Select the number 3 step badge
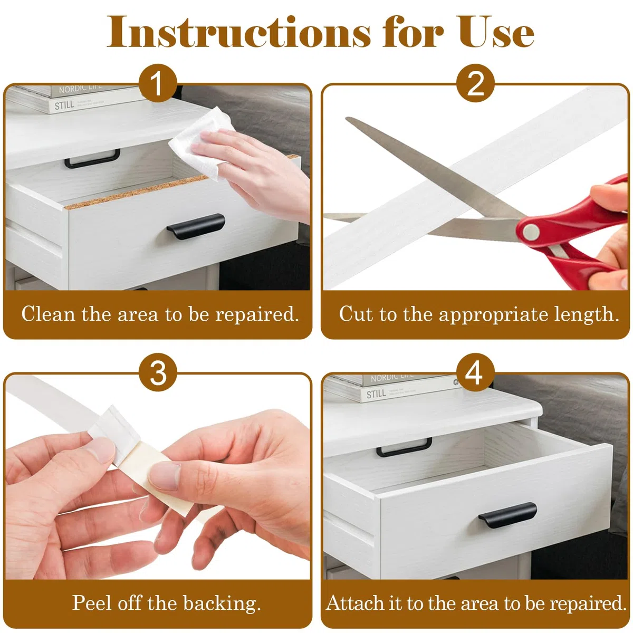(x=158, y=372)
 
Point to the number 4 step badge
(x=475, y=372)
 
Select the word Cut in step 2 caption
(x=356, y=314)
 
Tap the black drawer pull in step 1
(x=196, y=225)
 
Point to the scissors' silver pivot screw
(x=531, y=232)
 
